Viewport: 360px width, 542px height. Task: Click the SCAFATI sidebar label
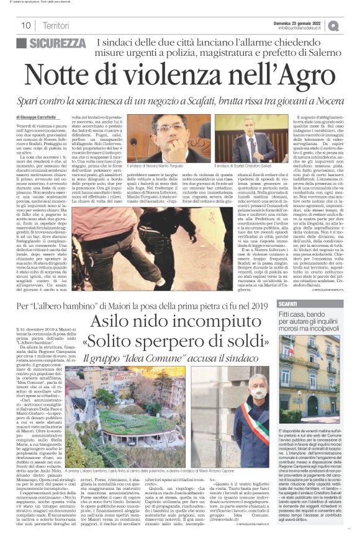pos(290,304)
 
